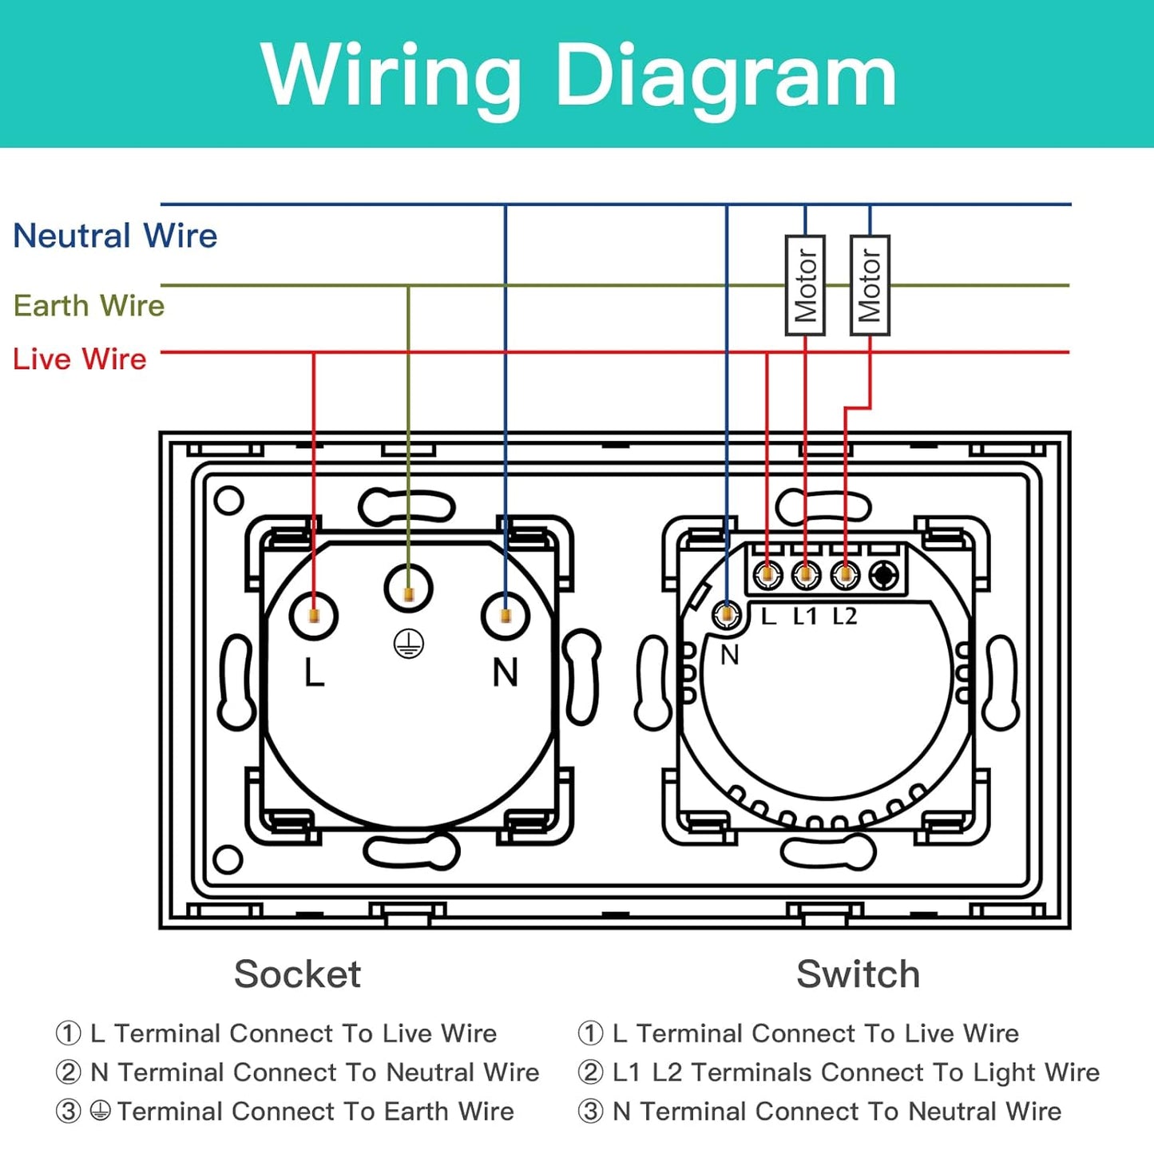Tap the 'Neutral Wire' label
[x=115, y=236]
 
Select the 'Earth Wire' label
[x=89, y=305]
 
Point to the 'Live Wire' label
[x=80, y=359]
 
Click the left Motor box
[x=805, y=285]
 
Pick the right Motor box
[x=870, y=285]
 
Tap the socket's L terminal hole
[x=314, y=616]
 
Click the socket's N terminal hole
[x=506, y=616]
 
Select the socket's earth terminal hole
[x=409, y=589]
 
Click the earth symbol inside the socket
[x=409, y=644]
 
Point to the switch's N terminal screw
[x=727, y=614]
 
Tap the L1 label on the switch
[x=805, y=617]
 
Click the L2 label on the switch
[x=845, y=617]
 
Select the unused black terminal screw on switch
[x=883, y=574]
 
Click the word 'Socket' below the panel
[x=297, y=974]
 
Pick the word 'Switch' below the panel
[x=858, y=974]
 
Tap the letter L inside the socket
[x=314, y=673]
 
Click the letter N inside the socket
[x=506, y=672]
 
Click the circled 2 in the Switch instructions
[x=590, y=1072]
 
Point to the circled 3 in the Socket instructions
[x=69, y=1111]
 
